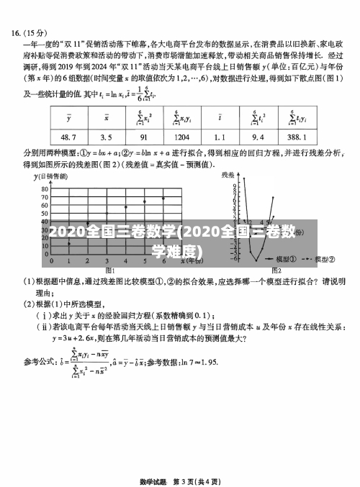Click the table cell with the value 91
(143, 137)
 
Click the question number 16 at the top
(16, 32)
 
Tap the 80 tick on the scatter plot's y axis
(44, 188)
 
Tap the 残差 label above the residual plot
(228, 175)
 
